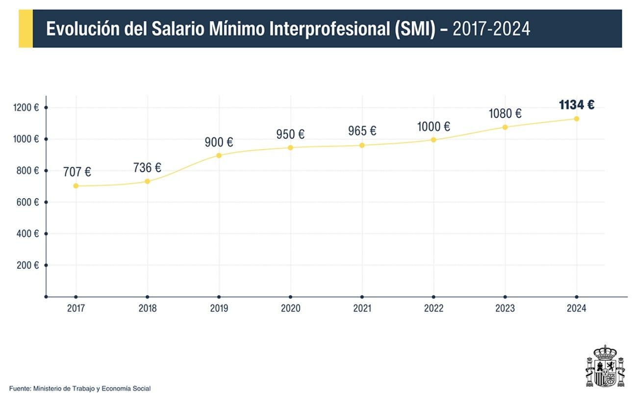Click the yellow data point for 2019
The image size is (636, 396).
coord(219,156)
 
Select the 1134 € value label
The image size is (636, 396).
coord(577,105)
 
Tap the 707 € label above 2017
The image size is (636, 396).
coord(77,172)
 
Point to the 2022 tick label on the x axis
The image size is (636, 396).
coord(433,309)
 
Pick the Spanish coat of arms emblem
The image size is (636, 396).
coord(605,367)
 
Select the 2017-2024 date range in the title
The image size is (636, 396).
coord(491,29)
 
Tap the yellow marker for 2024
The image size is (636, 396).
coord(577,119)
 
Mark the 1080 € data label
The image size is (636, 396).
coord(505,113)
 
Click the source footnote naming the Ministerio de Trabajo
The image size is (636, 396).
coord(80,389)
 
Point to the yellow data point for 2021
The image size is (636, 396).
coord(362,145)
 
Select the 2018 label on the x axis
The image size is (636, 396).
coord(147,309)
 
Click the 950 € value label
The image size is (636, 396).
coord(290,134)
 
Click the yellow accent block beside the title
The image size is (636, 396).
coord(25,29)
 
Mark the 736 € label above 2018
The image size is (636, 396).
coord(147,168)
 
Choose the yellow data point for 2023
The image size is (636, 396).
coord(505,127)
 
